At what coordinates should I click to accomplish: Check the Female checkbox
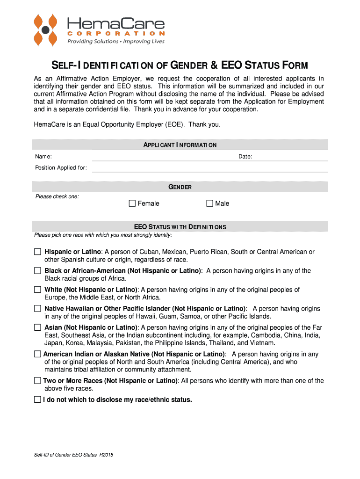click(x=132, y=203)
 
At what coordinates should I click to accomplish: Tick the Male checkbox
click(x=209, y=203)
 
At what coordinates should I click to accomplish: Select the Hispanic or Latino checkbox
click(x=37, y=252)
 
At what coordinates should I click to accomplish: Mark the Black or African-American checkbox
click(x=37, y=270)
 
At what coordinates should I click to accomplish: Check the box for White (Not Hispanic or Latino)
click(x=37, y=290)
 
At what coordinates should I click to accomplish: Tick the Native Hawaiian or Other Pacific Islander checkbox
click(x=37, y=308)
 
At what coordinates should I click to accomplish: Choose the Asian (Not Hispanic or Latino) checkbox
click(x=37, y=327)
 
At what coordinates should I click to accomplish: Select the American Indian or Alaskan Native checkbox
click(x=37, y=354)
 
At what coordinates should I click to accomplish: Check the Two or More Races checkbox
click(x=37, y=381)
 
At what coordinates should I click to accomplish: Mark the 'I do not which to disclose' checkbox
click(x=37, y=399)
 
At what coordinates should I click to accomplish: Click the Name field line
click(x=140, y=157)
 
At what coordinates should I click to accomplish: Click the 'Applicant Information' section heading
click(x=180, y=145)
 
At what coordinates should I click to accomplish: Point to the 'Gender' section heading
click(x=180, y=187)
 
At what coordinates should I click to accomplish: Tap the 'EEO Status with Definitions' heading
click(x=180, y=227)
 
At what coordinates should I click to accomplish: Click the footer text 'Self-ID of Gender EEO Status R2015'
click(x=73, y=455)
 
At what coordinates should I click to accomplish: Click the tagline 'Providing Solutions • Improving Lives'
click(x=116, y=42)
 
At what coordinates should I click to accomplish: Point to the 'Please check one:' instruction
click(x=57, y=196)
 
